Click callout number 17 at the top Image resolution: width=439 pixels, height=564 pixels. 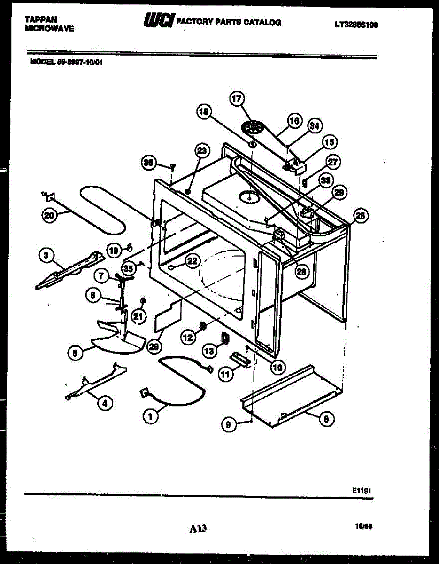coord(237,99)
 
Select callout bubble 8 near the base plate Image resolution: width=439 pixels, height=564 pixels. coord(327,418)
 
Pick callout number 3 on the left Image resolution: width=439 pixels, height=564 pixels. coord(46,255)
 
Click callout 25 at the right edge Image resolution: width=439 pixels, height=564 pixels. coord(360,216)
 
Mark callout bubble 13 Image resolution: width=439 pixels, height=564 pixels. coord(209,350)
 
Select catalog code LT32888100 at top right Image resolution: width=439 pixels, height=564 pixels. coord(356,25)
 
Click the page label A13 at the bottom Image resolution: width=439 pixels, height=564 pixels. coord(198,529)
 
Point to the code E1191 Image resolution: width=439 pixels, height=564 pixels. coord(362,490)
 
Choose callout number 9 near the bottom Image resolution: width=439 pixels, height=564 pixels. coord(228,424)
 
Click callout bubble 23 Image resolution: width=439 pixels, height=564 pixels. coord(202,151)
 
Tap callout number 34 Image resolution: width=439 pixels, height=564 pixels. coord(315,126)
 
